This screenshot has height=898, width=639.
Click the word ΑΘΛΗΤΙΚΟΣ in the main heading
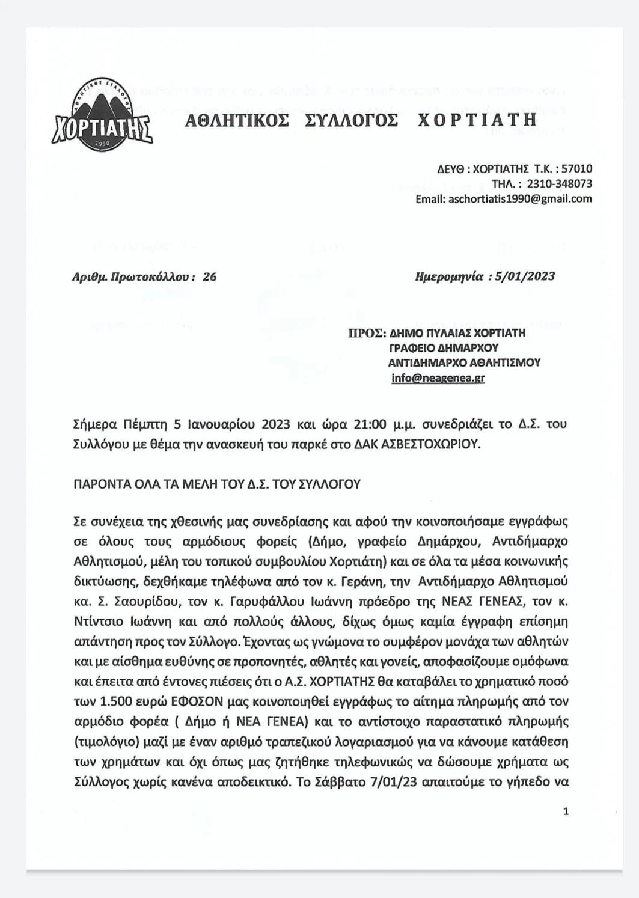(236, 120)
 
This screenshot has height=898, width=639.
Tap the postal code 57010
(576, 169)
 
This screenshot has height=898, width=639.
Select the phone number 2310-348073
(559, 183)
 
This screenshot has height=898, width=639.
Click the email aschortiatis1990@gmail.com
(520, 198)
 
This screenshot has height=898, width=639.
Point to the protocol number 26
(210, 276)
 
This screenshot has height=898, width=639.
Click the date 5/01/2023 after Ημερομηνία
(522, 276)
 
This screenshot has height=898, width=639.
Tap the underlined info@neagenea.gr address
(438, 378)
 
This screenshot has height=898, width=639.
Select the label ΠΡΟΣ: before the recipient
(365, 333)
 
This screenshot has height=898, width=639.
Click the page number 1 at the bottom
(566, 811)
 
